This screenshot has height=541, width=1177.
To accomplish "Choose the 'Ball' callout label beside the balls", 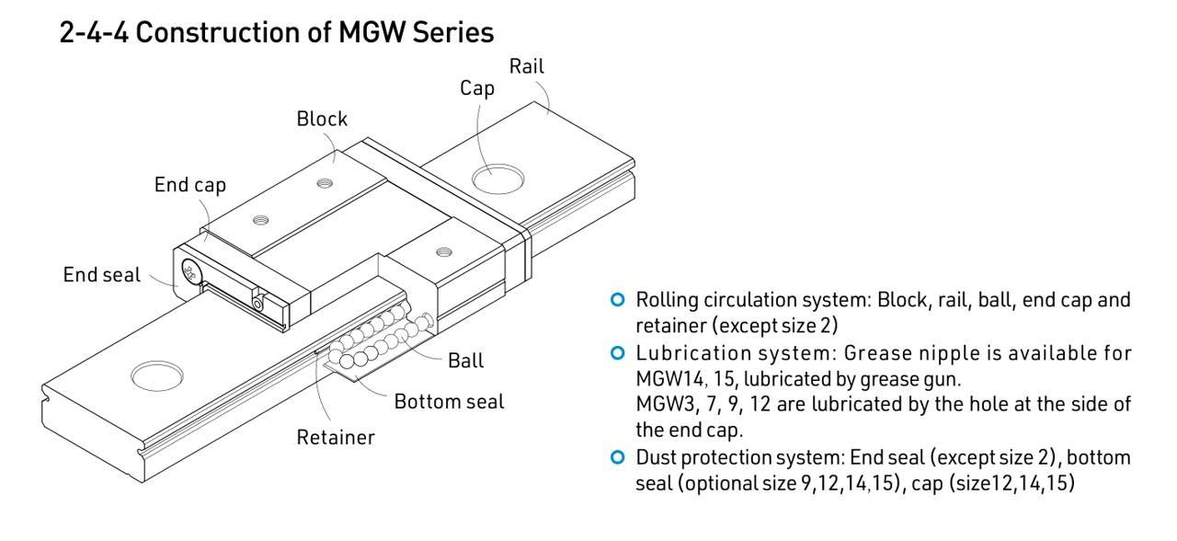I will pos(465,361).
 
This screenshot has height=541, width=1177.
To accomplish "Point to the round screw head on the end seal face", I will pos(191,271).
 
